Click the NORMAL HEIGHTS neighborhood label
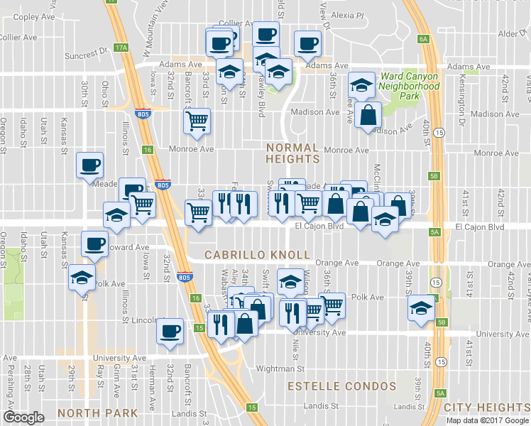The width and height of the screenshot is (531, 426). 292,153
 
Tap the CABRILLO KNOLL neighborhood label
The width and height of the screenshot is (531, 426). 258,254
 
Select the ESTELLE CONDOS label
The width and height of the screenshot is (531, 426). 341,386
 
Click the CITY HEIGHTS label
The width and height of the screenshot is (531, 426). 486,408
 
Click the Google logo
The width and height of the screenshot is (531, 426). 23,417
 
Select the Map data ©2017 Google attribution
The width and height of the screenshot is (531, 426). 488,420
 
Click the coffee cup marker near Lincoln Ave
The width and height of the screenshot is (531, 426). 169,332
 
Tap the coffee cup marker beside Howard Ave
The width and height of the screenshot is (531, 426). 94,245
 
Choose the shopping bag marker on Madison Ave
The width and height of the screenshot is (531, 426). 368,114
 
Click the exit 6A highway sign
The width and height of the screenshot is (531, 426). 424,39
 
